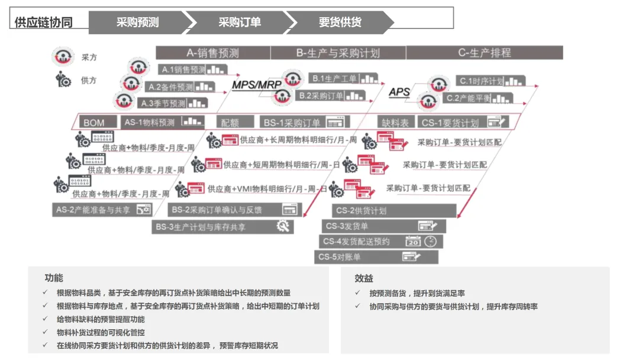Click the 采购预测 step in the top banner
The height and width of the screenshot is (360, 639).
tap(137, 22)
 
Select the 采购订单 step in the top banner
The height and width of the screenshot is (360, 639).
tap(240, 22)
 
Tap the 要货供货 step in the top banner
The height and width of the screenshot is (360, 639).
tap(340, 22)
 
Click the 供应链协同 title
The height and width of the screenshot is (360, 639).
tap(44, 22)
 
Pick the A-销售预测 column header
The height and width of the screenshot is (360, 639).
tap(213, 53)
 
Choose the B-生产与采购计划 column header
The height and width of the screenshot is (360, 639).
tap(338, 53)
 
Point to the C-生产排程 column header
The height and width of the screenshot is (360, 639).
tap(484, 53)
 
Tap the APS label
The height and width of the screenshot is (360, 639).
tap(399, 92)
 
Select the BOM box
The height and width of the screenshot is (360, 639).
tap(93, 123)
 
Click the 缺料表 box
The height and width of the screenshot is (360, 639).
tap(395, 123)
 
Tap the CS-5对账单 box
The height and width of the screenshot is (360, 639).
tap(376, 257)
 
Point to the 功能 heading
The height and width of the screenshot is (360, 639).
tap(53, 278)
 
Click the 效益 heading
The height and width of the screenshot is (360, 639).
tap(364, 278)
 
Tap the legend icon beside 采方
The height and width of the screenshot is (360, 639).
tap(61, 57)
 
